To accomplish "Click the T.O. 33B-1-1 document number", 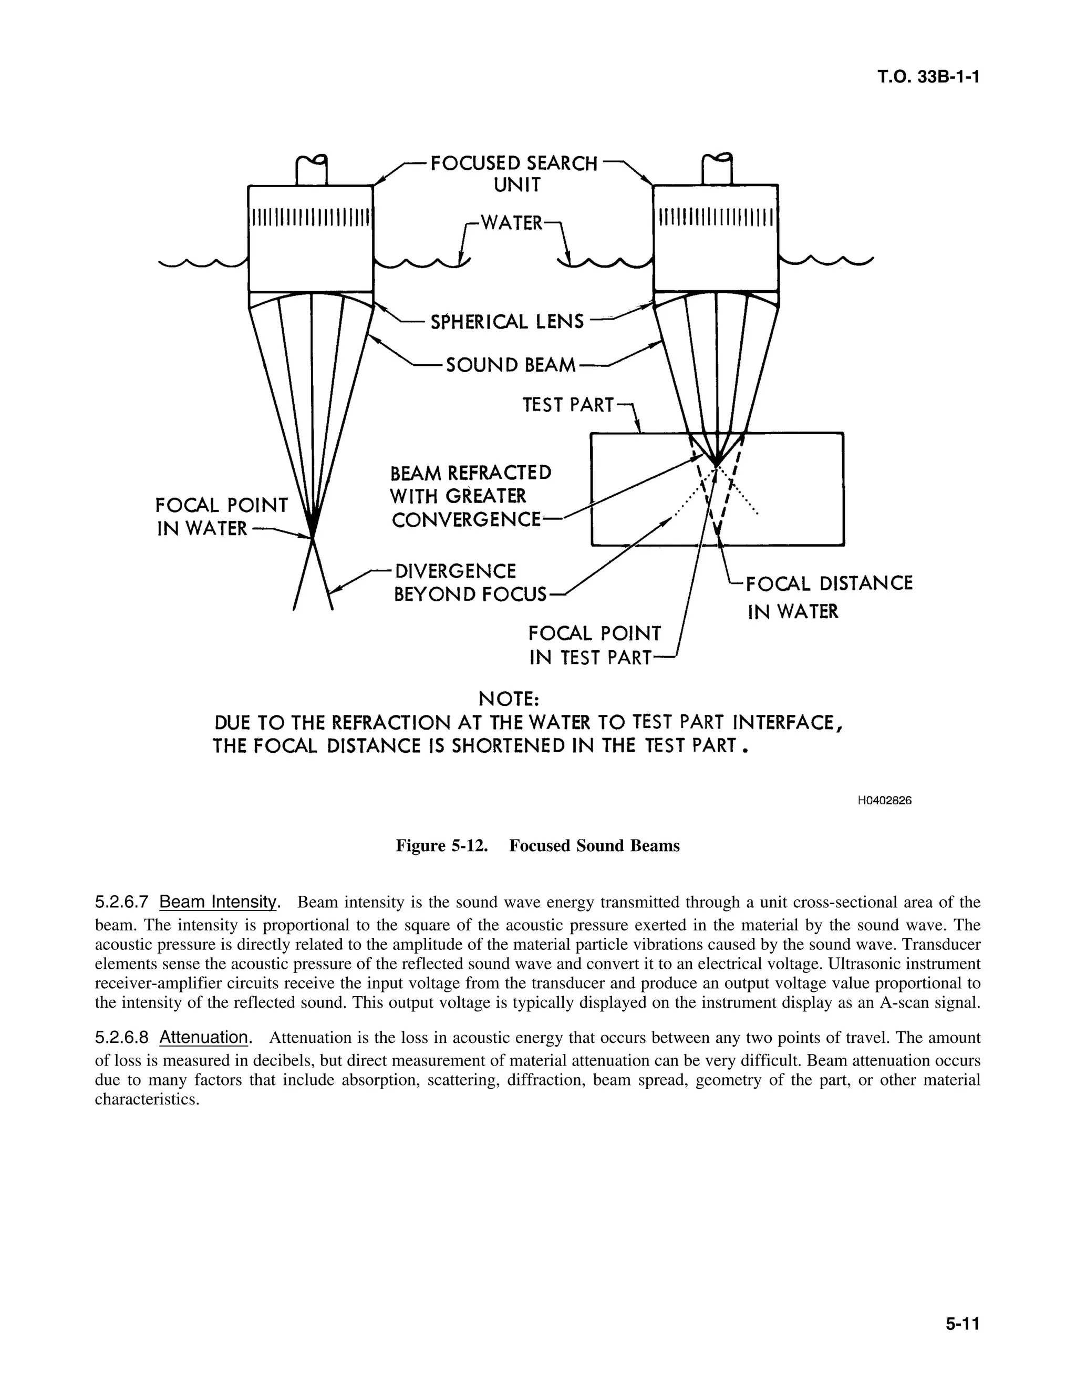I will [927, 77].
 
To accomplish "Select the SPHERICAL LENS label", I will [508, 322].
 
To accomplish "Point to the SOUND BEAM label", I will [511, 365].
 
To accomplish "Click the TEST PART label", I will [568, 405].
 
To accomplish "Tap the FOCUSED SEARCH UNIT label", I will [514, 173].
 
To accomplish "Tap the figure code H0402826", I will [884, 801].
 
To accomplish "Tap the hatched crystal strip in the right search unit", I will [716, 218].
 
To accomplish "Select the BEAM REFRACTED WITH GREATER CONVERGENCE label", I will [470, 497].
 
